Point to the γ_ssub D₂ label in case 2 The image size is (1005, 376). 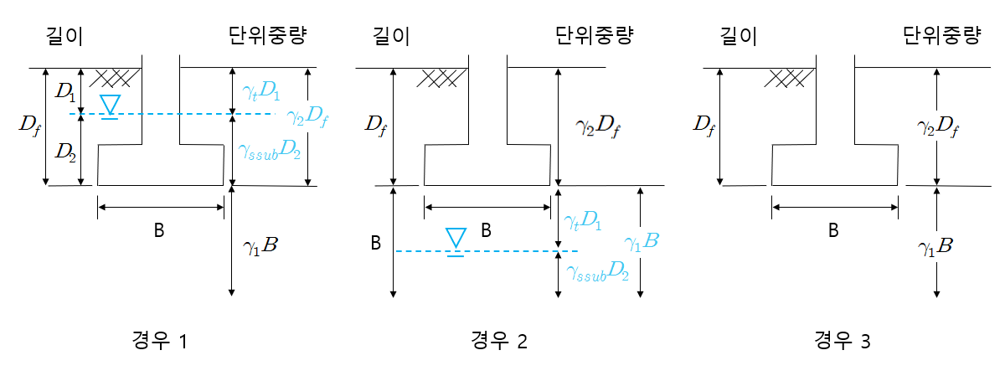pos(597,272)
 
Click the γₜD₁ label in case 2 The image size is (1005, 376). pos(583,221)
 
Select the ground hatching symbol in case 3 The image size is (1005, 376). pos(790,78)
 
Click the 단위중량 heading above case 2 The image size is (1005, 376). pos(594,36)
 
